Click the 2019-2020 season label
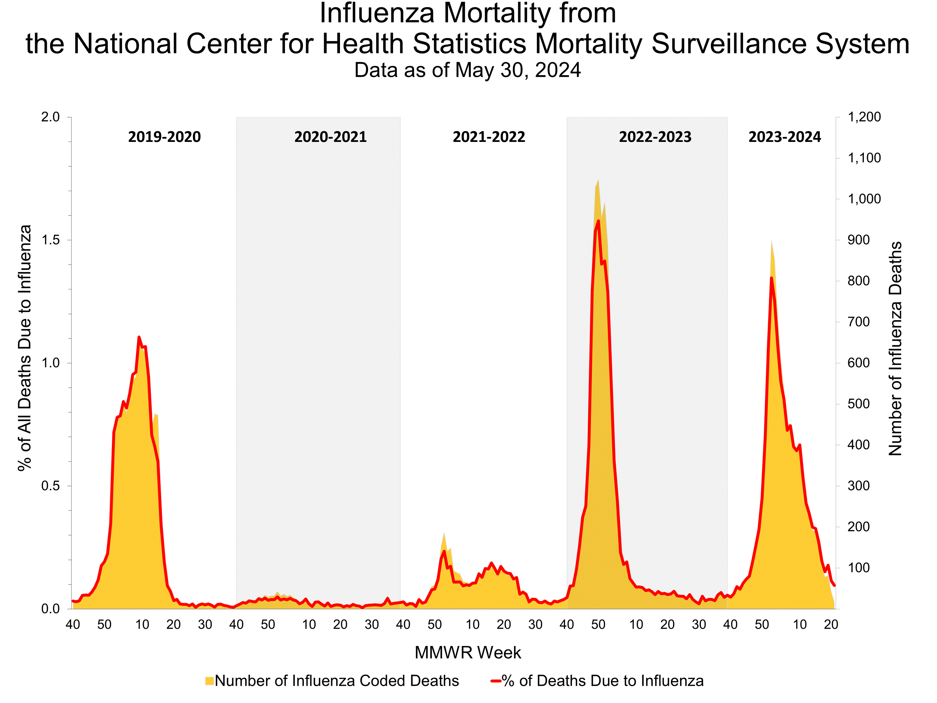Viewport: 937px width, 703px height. (164, 137)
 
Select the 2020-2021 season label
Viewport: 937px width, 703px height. (331, 137)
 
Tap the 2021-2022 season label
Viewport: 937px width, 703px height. (489, 137)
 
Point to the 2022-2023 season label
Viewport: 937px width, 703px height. (655, 137)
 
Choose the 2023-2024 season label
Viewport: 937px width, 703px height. (784, 137)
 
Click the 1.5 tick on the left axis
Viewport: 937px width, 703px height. (50, 240)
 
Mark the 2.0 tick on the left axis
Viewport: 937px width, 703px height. (50, 117)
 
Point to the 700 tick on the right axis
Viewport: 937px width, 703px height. (858, 322)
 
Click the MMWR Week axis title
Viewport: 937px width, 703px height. (468, 653)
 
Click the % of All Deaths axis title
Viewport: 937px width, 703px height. (25, 348)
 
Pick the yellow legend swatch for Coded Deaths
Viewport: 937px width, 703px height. (209, 681)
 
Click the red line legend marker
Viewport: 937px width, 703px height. (496, 681)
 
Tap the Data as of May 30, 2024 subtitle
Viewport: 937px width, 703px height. (468, 70)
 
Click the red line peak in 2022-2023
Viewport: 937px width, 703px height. (598, 220)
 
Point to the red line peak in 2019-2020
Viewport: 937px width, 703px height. (139, 337)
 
